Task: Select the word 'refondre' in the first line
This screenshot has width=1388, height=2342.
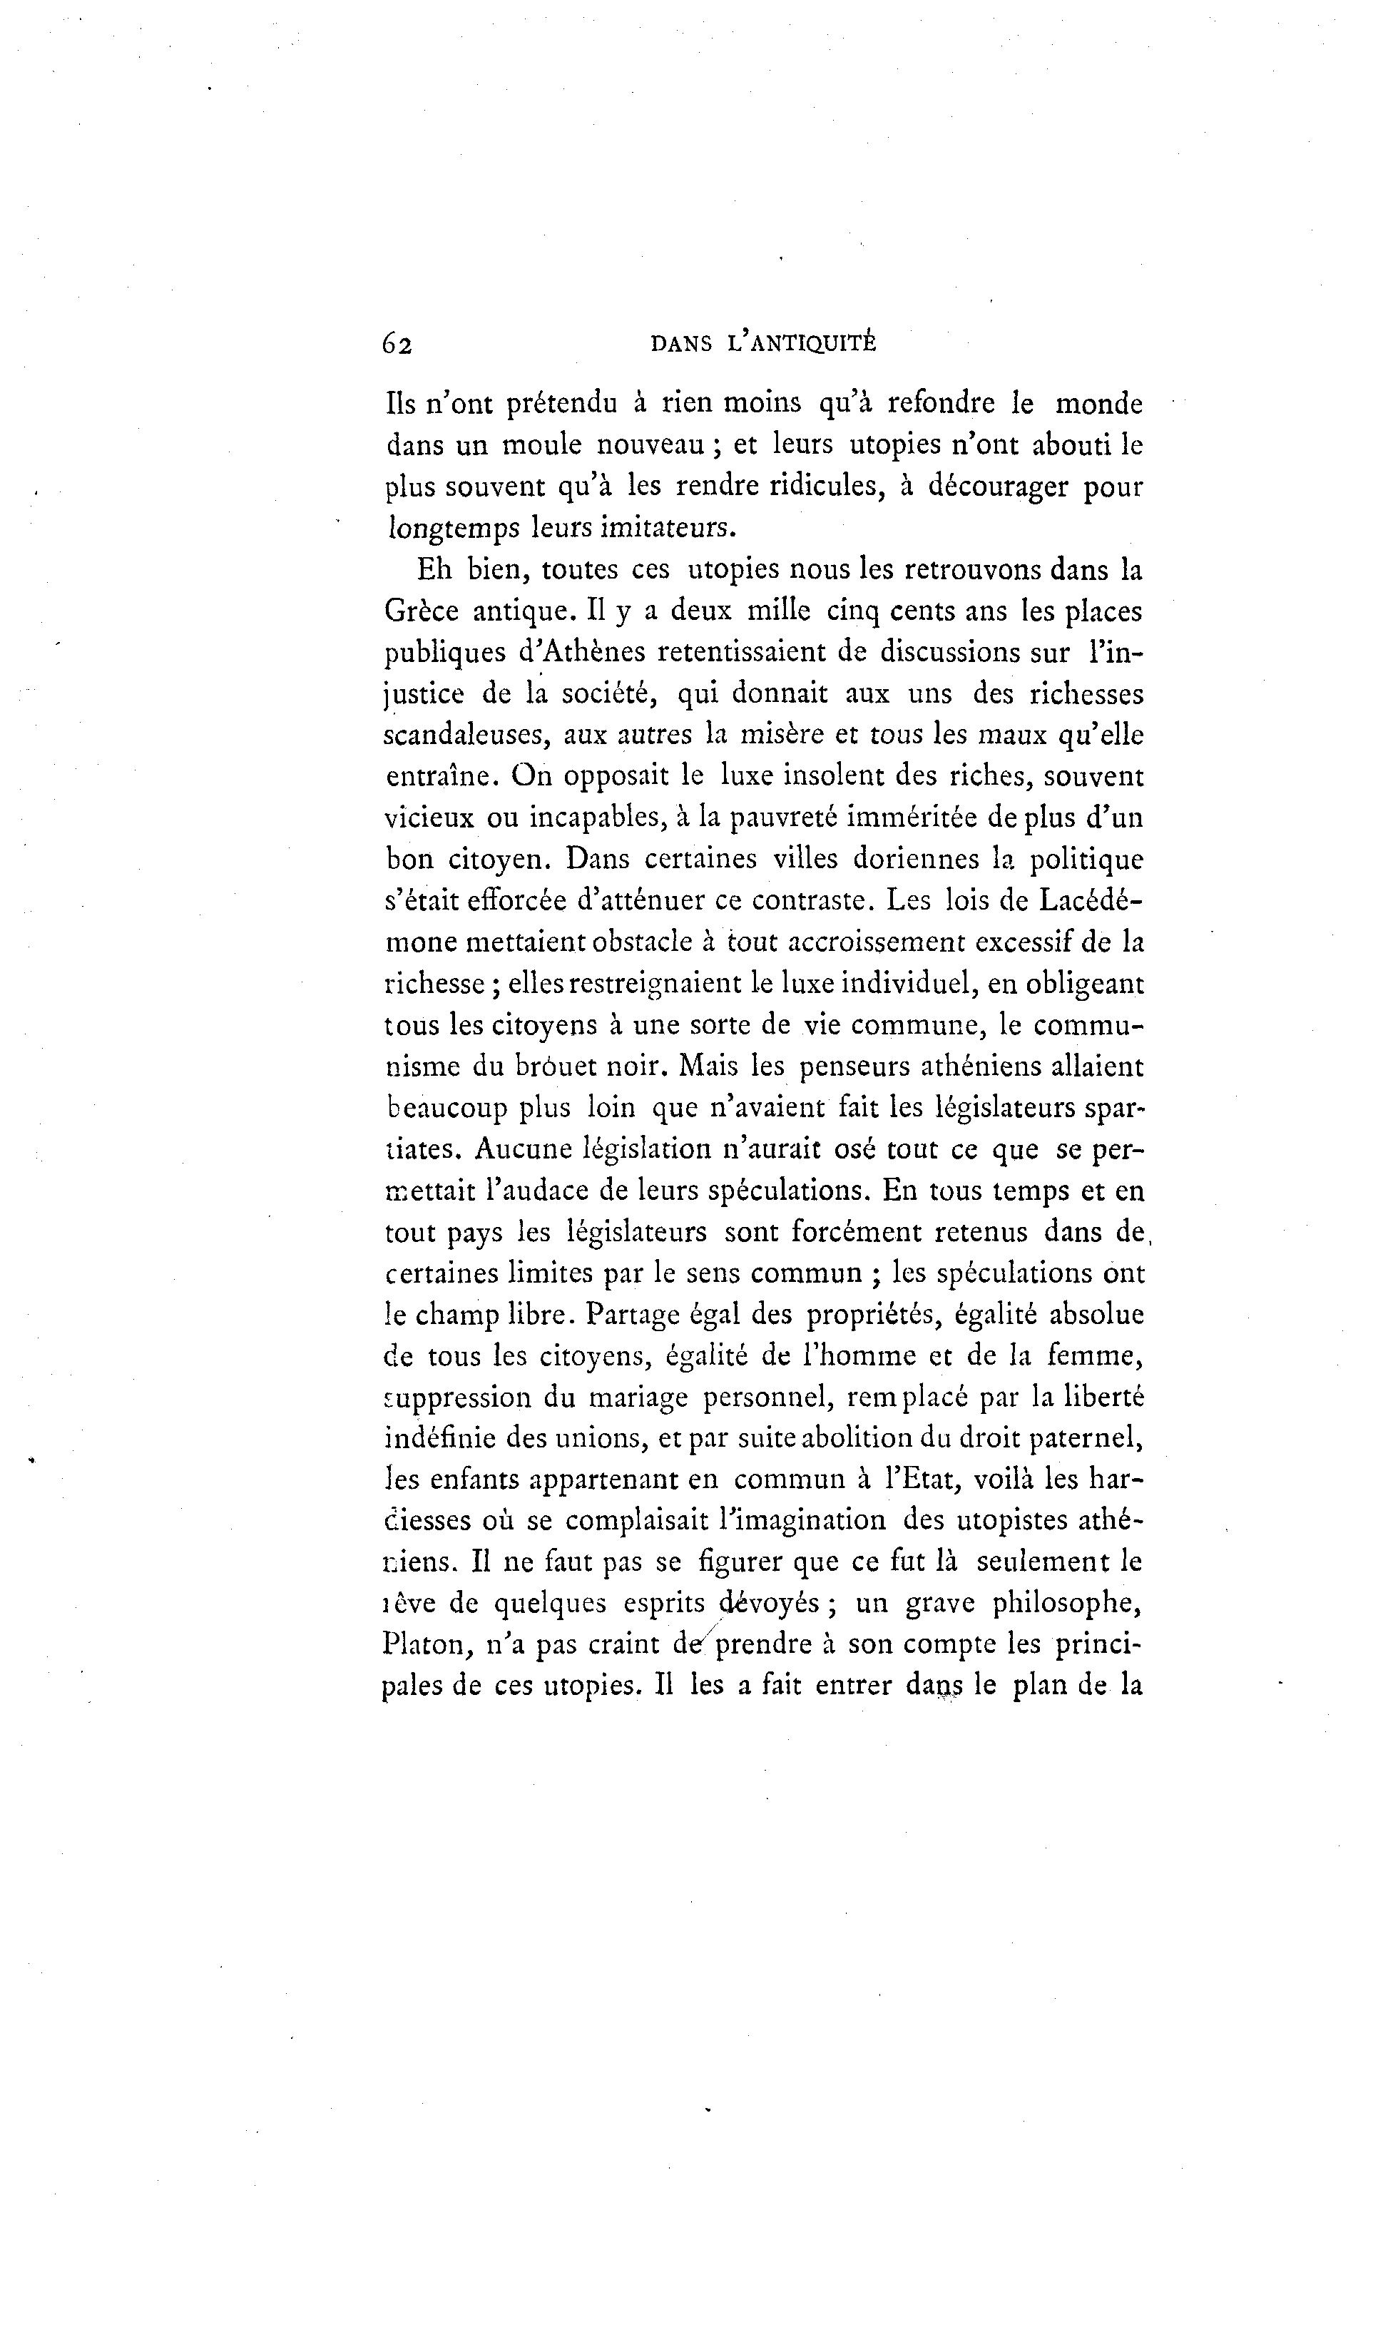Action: pos(942,404)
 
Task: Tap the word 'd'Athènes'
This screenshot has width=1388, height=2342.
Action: pos(575,652)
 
